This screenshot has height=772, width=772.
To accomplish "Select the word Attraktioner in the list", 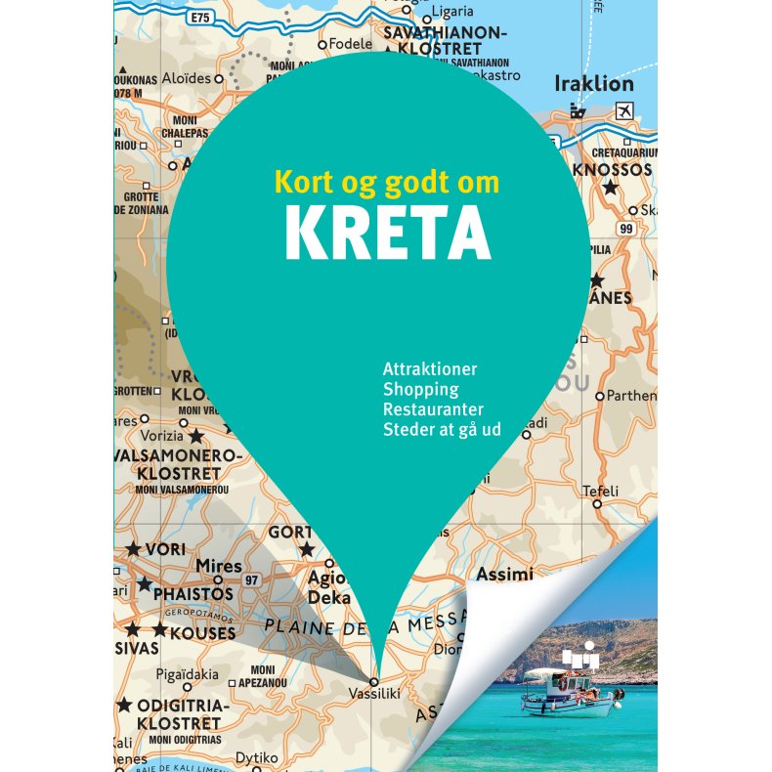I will click(x=431, y=369).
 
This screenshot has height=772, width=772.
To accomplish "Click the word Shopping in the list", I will click(x=421, y=389).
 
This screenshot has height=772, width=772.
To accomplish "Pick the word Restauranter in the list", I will click(x=434, y=408).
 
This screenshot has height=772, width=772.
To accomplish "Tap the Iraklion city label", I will click(x=593, y=84).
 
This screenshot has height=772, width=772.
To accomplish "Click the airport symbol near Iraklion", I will click(x=623, y=109).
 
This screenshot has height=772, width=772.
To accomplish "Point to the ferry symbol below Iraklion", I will click(x=579, y=111).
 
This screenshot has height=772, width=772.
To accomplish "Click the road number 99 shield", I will click(x=626, y=228).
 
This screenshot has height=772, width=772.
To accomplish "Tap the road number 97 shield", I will click(x=251, y=580).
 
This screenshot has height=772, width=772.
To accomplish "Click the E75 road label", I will click(x=201, y=18).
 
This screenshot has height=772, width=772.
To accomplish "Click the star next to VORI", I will click(x=134, y=549).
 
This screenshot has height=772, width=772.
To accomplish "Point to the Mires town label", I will click(x=218, y=567).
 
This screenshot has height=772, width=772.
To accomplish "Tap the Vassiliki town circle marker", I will click(x=373, y=680).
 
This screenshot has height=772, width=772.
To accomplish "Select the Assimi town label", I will click(x=504, y=574).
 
